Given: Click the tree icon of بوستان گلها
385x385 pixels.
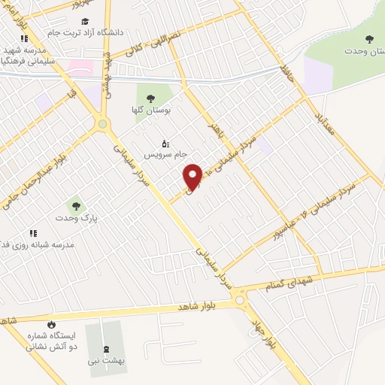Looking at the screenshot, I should [150, 98].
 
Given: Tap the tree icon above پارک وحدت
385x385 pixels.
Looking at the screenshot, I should [74, 205].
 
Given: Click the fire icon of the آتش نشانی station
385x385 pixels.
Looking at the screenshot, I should [51, 324].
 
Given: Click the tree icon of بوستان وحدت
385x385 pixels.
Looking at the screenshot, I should [368, 39].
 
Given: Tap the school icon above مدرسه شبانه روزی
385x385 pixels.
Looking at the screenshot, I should [32, 233].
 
